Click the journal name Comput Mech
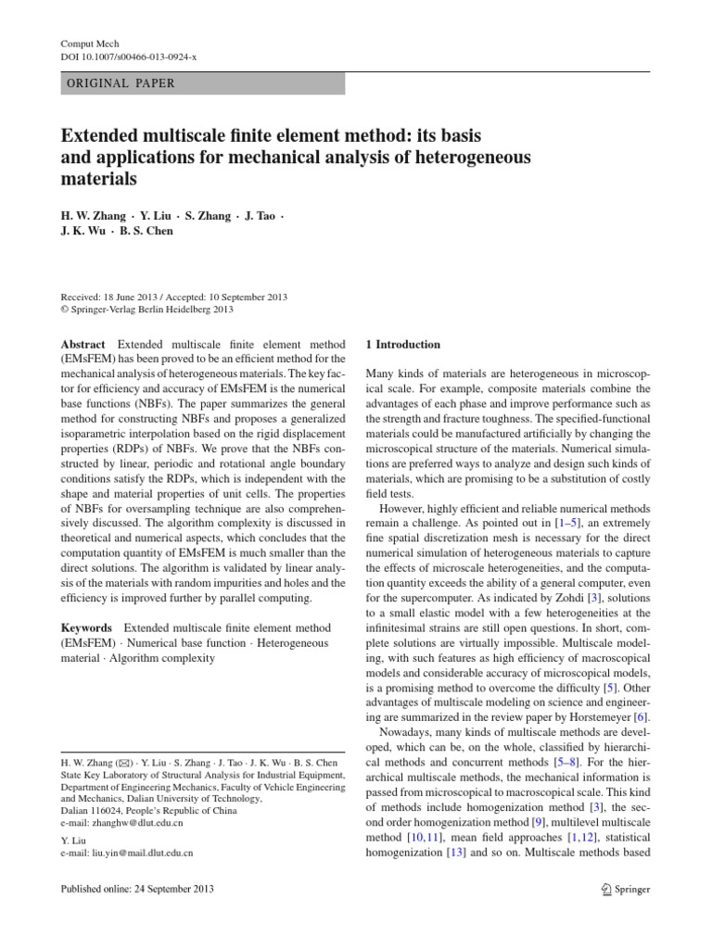90,43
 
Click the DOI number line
128,57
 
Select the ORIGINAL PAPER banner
202,82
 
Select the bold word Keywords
86,627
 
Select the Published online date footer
136,889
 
